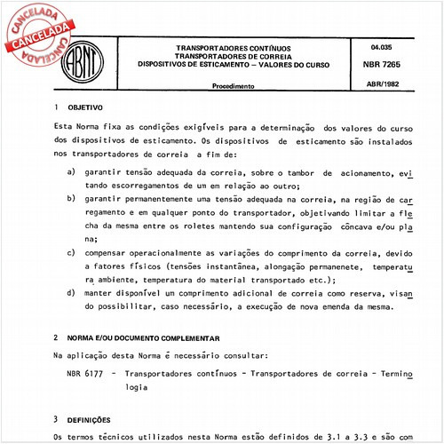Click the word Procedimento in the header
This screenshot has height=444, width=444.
coord(234,87)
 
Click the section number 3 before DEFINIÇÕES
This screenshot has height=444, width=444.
coord(56,418)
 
